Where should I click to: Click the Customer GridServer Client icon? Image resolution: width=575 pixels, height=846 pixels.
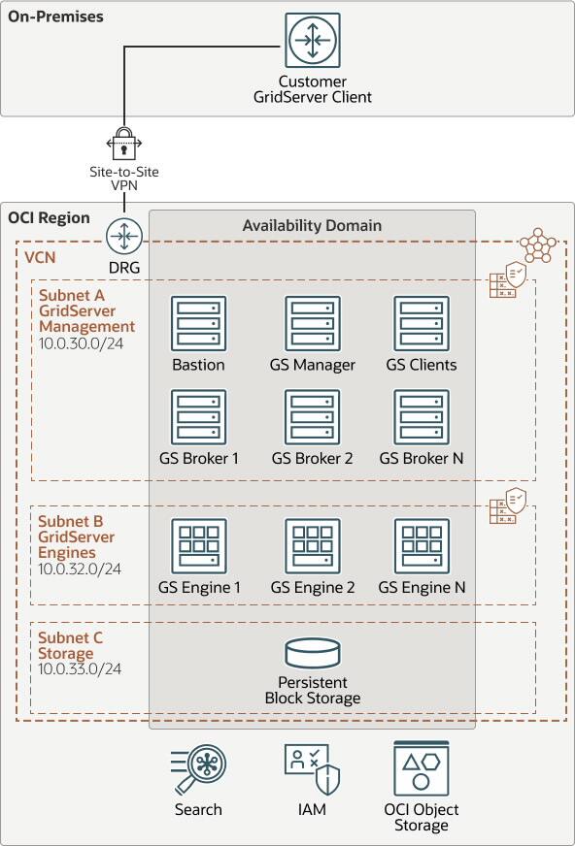[x=313, y=41]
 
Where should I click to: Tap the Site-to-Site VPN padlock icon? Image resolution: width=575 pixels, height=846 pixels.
[x=123, y=143]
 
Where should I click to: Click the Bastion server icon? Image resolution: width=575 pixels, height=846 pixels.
[x=198, y=324]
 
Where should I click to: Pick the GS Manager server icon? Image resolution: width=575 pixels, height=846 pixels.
[x=313, y=324]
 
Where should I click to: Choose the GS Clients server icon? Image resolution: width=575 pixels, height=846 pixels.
[x=422, y=324]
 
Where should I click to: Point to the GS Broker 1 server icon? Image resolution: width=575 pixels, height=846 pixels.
[x=198, y=417]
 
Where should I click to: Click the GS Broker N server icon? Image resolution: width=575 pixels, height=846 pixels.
[x=422, y=417]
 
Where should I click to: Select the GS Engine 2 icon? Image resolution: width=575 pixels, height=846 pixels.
[x=313, y=545]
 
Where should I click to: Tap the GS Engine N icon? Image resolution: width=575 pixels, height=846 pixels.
[x=422, y=545]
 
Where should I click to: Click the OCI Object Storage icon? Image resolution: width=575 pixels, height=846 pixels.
[x=422, y=768]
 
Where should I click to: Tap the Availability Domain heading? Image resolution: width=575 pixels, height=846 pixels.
[x=312, y=225]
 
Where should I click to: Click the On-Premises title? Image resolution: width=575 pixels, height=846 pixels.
[x=55, y=17]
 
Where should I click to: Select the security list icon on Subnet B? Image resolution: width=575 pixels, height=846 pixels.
[x=508, y=506]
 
